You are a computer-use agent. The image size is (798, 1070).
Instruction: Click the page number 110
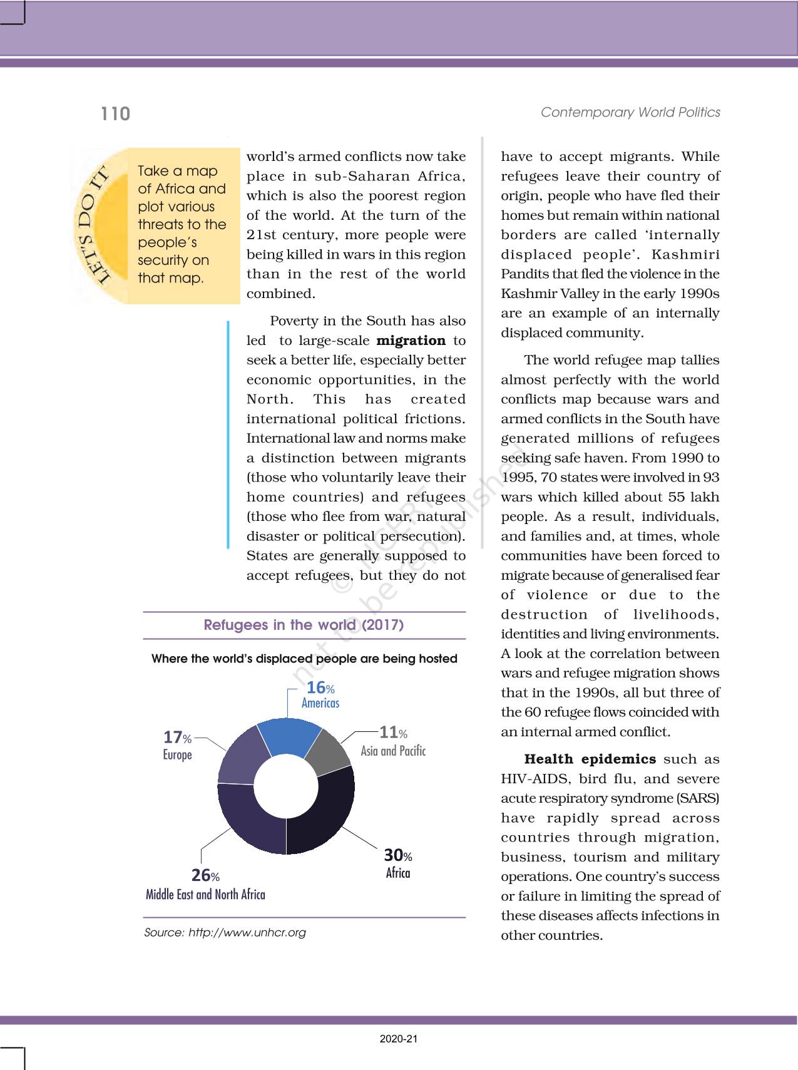(x=116, y=114)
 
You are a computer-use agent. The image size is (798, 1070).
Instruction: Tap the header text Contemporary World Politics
(x=630, y=112)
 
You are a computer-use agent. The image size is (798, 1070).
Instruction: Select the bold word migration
(x=411, y=341)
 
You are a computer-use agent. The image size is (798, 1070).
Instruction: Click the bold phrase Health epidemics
(x=590, y=759)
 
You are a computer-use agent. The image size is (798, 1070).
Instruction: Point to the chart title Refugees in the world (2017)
(x=304, y=625)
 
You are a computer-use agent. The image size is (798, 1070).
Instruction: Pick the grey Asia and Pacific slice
(x=329, y=748)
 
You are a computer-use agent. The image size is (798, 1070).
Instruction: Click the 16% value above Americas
(x=320, y=688)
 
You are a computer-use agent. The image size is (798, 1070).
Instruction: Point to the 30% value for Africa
(x=398, y=855)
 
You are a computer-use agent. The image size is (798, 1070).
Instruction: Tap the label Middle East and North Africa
(x=205, y=895)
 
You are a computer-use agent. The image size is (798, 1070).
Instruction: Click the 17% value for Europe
(x=177, y=738)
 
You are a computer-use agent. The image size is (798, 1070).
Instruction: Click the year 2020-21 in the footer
(x=399, y=1039)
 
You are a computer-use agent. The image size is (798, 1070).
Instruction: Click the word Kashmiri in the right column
(x=685, y=255)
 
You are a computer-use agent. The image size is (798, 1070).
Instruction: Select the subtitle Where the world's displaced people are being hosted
(x=304, y=659)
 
